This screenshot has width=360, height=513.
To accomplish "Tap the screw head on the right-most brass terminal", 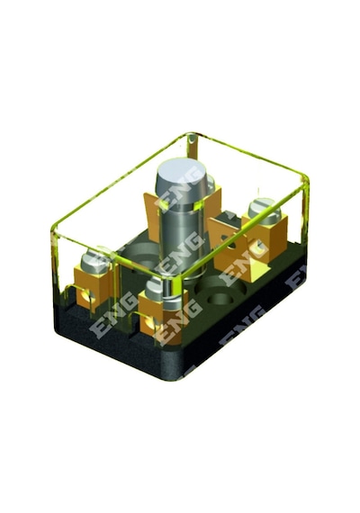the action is point(265,210).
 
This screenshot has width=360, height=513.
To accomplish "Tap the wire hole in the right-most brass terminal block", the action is point(258,246).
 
